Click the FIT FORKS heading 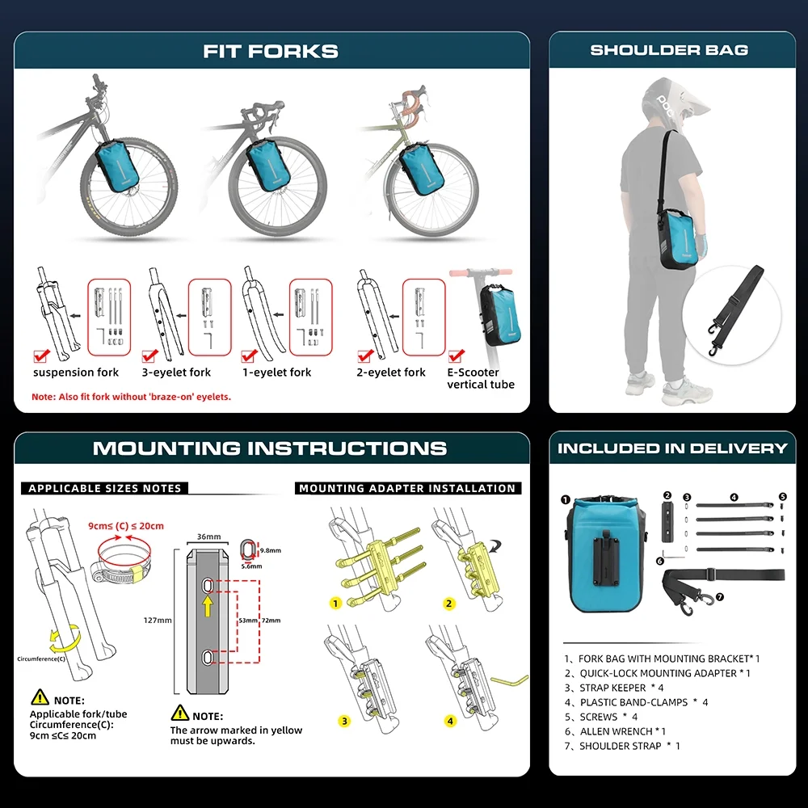click(x=271, y=51)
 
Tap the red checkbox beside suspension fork click(x=41, y=356)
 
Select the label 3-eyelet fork click(x=176, y=372)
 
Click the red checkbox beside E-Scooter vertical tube click(x=456, y=356)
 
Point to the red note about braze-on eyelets click(x=132, y=397)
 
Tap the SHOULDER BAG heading click(x=669, y=50)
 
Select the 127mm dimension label click(x=158, y=621)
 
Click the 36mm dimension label click(x=208, y=537)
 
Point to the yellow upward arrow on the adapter click(x=208, y=606)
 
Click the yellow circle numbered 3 click(x=344, y=721)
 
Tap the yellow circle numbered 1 click(x=335, y=604)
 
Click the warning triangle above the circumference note click(x=40, y=698)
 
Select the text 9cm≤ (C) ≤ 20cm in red click(x=126, y=526)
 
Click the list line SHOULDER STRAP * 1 click(x=622, y=746)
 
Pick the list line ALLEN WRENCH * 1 click(x=615, y=731)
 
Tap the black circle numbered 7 click(x=720, y=597)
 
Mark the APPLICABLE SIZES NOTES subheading click(x=104, y=488)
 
